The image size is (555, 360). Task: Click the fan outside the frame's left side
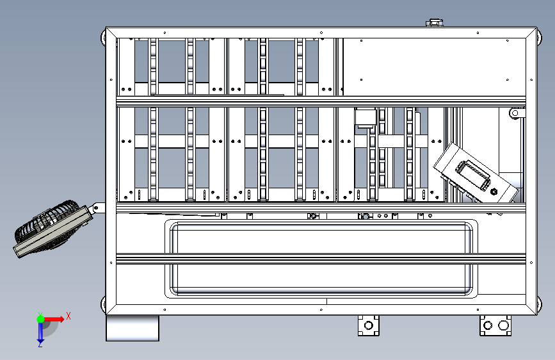[x=52, y=228]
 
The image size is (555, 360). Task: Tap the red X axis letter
[x=68, y=316]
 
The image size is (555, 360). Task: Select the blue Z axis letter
[x=40, y=344]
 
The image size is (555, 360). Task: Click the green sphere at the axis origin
[x=41, y=319]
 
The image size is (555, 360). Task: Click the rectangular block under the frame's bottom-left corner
[x=133, y=328]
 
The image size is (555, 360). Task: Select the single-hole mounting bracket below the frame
[x=369, y=325]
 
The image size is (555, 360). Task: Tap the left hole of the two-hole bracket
[x=488, y=325]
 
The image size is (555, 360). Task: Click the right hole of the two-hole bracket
[x=503, y=325]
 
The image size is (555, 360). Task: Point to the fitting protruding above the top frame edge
[x=434, y=23]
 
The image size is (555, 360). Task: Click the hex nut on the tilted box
[x=494, y=192]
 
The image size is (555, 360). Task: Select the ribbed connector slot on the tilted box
[x=473, y=175]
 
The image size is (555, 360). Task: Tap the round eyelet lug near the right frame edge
[x=516, y=113]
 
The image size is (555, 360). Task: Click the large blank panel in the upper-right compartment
[x=434, y=67]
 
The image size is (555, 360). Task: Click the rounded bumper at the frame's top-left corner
[x=104, y=37]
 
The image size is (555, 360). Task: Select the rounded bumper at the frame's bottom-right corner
[x=539, y=304]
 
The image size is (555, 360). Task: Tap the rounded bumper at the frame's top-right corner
[x=539, y=37]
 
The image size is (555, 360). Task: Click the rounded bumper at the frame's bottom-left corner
[x=104, y=304]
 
